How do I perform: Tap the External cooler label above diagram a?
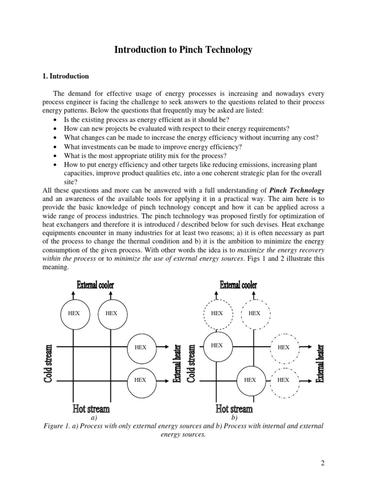(96, 285)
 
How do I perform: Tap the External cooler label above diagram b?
(238, 285)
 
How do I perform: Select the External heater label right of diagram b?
(321, 364)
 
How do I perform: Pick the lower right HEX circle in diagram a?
(140, 380)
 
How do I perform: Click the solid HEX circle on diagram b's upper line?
(217, 345)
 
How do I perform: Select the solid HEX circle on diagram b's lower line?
(250, 380)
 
